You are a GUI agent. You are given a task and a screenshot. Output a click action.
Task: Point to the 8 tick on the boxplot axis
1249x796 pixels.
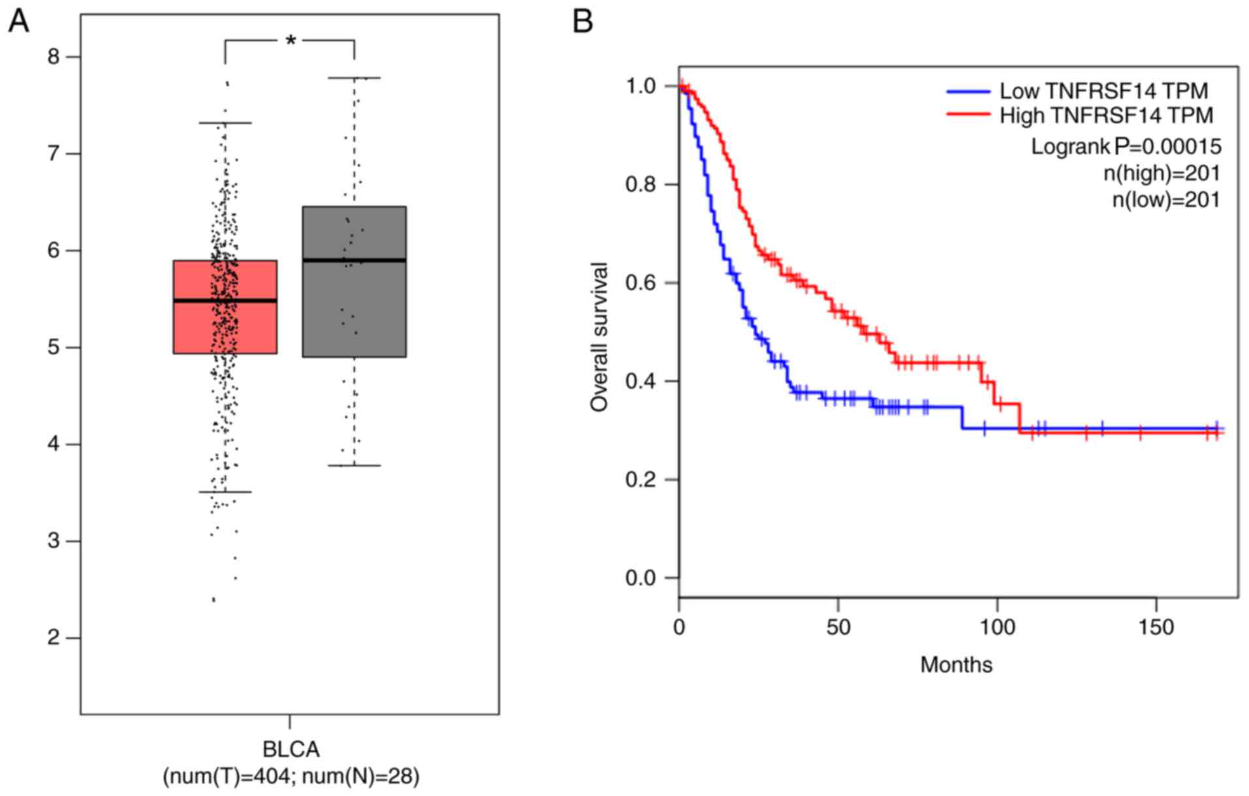pos(54,57)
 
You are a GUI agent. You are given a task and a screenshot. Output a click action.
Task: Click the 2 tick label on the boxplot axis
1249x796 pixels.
pos(54,637)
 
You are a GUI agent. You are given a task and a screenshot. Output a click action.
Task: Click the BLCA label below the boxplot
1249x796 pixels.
pos(291,749)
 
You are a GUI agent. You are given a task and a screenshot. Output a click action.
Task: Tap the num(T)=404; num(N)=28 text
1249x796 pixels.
pos(291,776)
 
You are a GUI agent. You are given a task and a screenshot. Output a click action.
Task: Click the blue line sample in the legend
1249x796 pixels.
pos(969,91)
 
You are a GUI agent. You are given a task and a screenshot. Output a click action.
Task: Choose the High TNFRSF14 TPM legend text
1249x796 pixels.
pos(1106,115)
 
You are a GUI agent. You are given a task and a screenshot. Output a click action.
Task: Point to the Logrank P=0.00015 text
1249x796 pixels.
pos(1126,146)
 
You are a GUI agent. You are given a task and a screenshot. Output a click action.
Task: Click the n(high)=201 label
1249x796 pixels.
pos(1162,173)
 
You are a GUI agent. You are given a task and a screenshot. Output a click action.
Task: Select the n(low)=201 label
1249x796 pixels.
pos(1165,199)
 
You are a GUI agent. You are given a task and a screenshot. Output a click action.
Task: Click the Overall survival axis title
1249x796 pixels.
pos(599,337)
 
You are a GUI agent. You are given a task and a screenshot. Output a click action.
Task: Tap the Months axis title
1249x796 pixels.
pos(956,665)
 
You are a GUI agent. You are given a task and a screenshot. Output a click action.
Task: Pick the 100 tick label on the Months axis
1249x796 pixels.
pos(997,627)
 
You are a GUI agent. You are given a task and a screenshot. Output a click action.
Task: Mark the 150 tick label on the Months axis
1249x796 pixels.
pos(1156,627)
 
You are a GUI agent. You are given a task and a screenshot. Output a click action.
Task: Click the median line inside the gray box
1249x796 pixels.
pos(355,260)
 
